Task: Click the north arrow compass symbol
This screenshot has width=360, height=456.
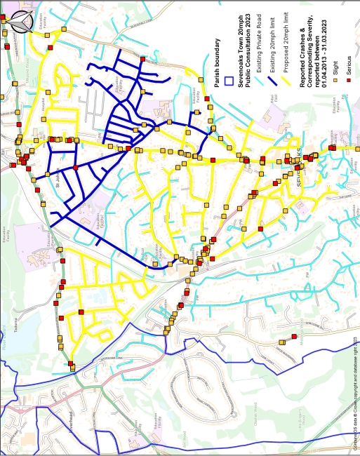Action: point(20,20)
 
